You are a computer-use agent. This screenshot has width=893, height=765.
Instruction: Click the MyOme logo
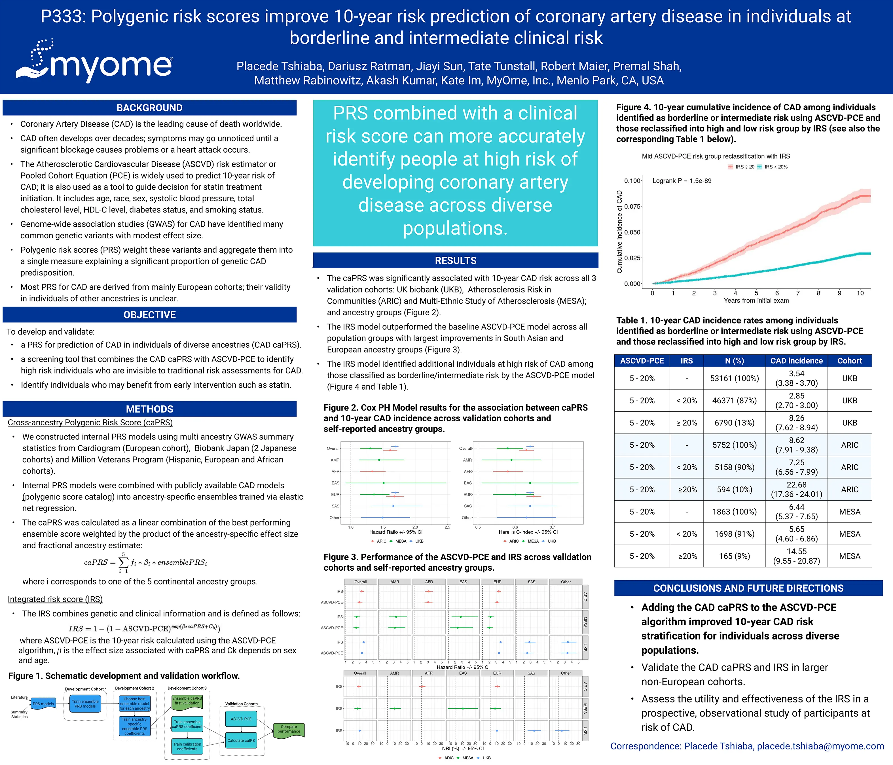point(95,62)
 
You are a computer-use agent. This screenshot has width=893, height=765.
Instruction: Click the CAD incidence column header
point(796,360)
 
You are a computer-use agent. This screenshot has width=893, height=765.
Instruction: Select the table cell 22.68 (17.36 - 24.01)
point(796,489)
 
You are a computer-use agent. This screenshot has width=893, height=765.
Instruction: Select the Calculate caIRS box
point(241,740)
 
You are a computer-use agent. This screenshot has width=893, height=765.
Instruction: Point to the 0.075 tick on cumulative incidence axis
point(632,206)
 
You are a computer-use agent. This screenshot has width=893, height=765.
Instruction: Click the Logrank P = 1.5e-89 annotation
point(682,181)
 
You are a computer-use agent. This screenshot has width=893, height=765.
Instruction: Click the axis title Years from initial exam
point(756,300)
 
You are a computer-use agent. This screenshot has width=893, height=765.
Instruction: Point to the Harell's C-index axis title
point(528,532)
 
